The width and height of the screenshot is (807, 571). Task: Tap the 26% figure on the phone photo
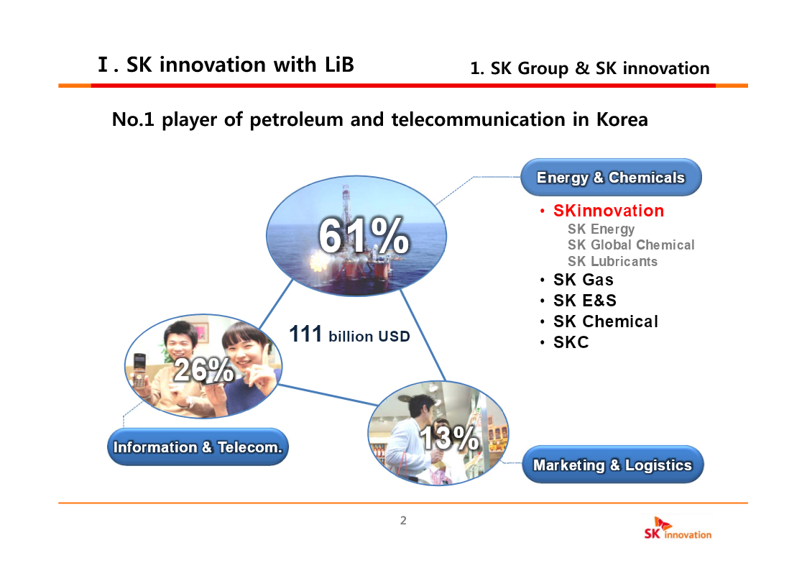point(204,369)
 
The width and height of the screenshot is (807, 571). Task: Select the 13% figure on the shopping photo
point(449,438)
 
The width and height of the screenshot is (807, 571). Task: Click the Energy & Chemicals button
point(611,177)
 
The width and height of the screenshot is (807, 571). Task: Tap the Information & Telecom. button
point(198,447)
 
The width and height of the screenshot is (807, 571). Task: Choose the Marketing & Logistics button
point(612,465)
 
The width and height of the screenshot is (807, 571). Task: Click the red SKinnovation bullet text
point(609,211)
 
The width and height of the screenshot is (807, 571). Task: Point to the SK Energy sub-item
point(601,229)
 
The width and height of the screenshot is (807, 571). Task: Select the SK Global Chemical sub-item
point(631,245)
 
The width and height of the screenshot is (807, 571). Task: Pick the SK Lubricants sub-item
point(612,262)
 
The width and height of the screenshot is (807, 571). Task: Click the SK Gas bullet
point(583,280)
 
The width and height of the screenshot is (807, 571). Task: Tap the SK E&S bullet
point(585,300)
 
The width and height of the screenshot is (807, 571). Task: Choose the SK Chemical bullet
point(606,321)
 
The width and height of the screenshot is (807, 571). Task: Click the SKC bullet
point(571,342)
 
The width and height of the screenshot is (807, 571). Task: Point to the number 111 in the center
point(305,334)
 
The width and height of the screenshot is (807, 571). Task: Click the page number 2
point(403,521)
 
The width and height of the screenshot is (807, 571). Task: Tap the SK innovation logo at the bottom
point(678,529)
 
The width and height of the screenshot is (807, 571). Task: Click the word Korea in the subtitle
point(622,119)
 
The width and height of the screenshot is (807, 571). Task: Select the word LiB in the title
point(339,65)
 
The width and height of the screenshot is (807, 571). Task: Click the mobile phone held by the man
point(139,370)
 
